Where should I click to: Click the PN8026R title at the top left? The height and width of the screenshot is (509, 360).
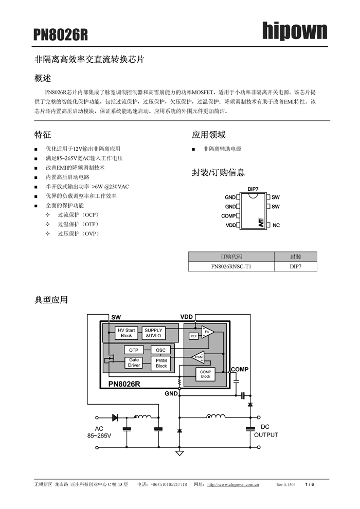(x=61, y=34)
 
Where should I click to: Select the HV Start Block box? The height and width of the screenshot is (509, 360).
(x=126, y=333)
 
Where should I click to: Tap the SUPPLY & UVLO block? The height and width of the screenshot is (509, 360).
(x=153, y=333)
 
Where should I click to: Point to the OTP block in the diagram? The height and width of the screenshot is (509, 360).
(x=134, y=350)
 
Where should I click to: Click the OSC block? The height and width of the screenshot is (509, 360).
(x=160, y=350)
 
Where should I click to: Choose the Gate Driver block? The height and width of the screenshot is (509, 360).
(x=134, y=363)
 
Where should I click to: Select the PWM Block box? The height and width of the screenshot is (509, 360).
(x=161, y=363)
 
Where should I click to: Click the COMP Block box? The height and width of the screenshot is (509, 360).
(x=205, y=374)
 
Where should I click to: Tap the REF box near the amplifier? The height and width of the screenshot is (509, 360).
(x=193, y=336)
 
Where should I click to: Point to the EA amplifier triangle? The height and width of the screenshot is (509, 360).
(x=207, y=332)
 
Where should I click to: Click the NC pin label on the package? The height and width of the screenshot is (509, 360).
(x=276, y=225)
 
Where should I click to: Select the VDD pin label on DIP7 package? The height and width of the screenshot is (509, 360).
(x=230, y=225)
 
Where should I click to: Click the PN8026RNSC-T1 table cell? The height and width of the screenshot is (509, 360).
(x=231, y=267)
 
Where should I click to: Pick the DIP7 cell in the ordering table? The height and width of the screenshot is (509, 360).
(x=295, y=267)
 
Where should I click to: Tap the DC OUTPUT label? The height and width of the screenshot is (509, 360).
(x=265, y=431)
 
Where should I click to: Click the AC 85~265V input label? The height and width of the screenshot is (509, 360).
(x=99, y=432)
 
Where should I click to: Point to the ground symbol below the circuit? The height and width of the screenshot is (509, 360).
(x=179, y=453)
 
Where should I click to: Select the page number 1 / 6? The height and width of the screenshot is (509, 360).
(x=309, y=484)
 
